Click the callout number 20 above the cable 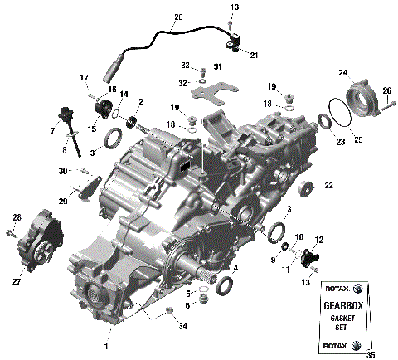coord(179,17)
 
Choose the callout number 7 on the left coord(52,131)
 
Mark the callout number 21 coord(255,55)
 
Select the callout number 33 coord(186,66)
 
